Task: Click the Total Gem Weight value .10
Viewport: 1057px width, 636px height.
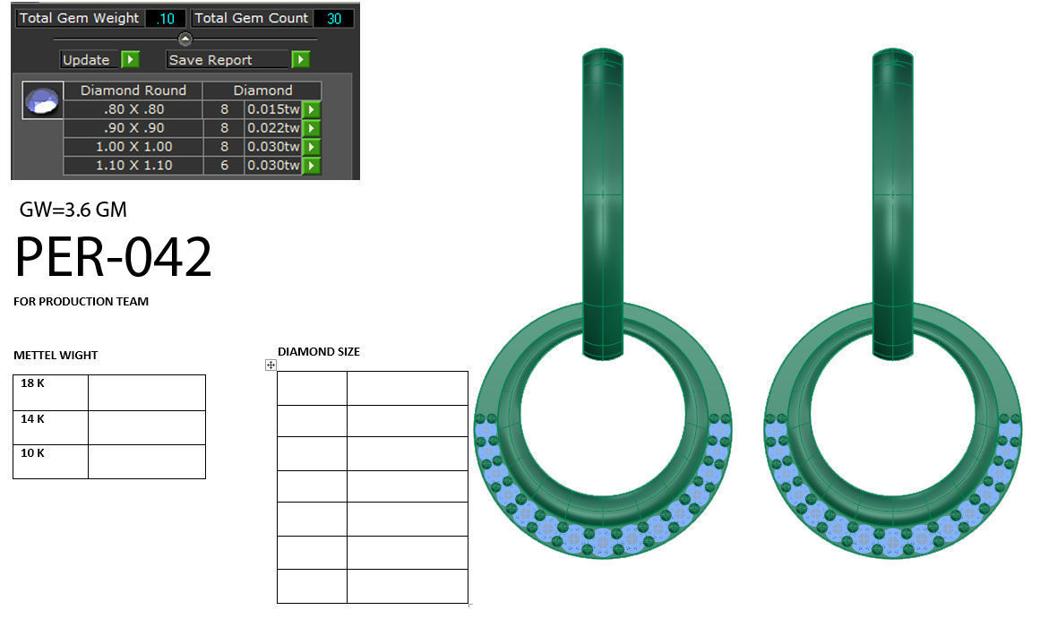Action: click(x=165, y=18)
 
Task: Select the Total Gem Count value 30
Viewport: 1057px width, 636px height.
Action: click(x=333, y=18)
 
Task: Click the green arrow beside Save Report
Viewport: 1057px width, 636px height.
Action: click(x=300, y=60)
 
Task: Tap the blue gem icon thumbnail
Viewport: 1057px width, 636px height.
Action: click(x=42, y=101)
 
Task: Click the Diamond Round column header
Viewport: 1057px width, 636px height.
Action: click(x=133, y=90)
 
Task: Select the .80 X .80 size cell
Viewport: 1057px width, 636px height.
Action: click(x=133, y=109)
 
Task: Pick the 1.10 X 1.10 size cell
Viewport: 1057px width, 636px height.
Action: click(x=133, y=166)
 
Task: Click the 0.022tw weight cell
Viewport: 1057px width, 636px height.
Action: click(x=272, y=128)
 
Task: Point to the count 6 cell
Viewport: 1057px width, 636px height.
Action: click(x=224, y=166)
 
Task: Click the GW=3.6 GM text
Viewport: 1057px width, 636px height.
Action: click(x=73, y=211)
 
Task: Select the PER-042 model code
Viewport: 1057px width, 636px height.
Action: click(x=113, y=258)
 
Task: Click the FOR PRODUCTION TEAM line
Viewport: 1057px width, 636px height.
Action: click(x=82, y=302)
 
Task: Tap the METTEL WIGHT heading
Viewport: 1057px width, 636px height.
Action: click(x=56, y=356)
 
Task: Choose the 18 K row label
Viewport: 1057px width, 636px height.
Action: click(x=33, y=383)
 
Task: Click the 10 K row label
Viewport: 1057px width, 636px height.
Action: click(x=33, y=453)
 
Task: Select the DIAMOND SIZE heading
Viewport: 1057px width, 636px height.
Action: click(x=319, y=352)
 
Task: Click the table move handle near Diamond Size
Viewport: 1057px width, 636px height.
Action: click(x=271, y=365)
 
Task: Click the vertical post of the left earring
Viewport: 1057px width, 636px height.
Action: click(x=603, y=197)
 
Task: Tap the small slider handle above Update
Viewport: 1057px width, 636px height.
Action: click(x=185, y=39)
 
